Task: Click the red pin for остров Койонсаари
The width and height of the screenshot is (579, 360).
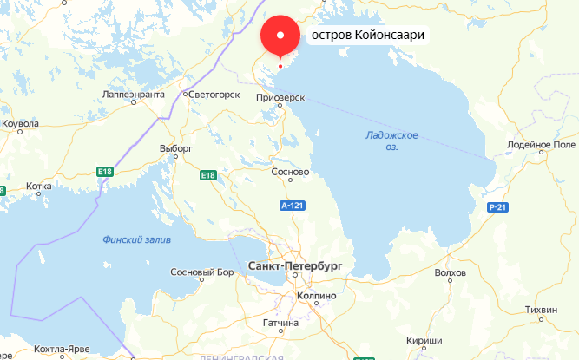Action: point(280,36)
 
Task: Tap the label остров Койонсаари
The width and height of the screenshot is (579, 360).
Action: point(368,37)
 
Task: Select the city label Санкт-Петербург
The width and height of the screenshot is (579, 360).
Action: point(295,265)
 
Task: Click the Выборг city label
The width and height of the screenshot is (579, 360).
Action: point(175,148)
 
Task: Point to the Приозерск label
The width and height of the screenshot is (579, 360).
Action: point(280,98)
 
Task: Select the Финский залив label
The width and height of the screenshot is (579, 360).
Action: point(136,239)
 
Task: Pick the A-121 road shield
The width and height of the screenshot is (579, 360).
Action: point(292,206)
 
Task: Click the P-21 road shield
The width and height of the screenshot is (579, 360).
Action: point(497,206)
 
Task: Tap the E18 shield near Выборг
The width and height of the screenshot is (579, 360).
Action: point(207,176)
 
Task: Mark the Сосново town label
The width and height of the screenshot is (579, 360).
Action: point(291,172)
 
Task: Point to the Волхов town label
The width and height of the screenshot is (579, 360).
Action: point(450,272)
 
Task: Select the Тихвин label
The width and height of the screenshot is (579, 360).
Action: point(542,310)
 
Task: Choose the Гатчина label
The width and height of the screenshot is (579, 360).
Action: point(280,323)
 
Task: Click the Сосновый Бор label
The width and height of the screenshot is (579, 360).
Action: point(202,272)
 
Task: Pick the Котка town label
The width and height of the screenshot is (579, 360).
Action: point(39,186)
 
